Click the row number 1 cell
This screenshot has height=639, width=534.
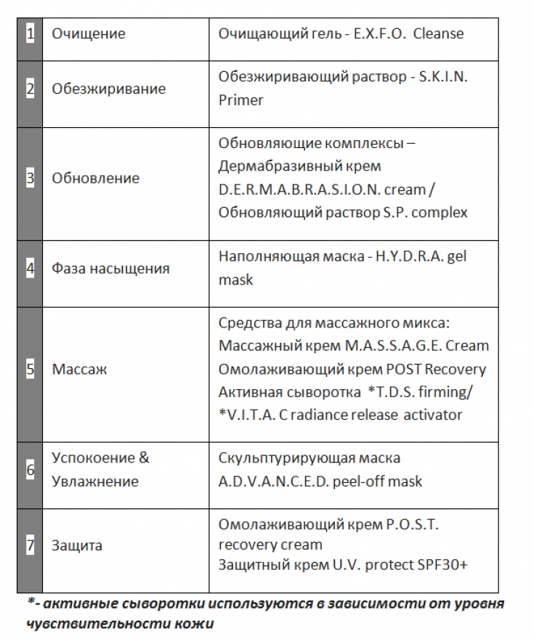(x=31, y=34)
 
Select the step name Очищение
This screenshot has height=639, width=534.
(x=88, y=34)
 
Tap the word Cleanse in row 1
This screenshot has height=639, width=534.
(x=438, y=34)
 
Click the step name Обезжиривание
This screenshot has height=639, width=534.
(x=108, y=89)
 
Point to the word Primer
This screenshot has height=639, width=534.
(x=240, y=100)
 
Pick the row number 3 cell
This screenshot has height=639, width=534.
(x=31, y=179)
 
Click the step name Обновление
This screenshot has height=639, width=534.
(x=95, y=179)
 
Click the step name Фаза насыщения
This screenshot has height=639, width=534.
(x=110, y=269)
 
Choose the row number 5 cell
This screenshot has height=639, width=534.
(x=31, y=370)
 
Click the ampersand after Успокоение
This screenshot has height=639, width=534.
(x=144, y=458)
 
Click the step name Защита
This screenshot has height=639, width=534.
(x=77, y=546)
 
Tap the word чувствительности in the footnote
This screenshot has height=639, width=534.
(x=86, y=623)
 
